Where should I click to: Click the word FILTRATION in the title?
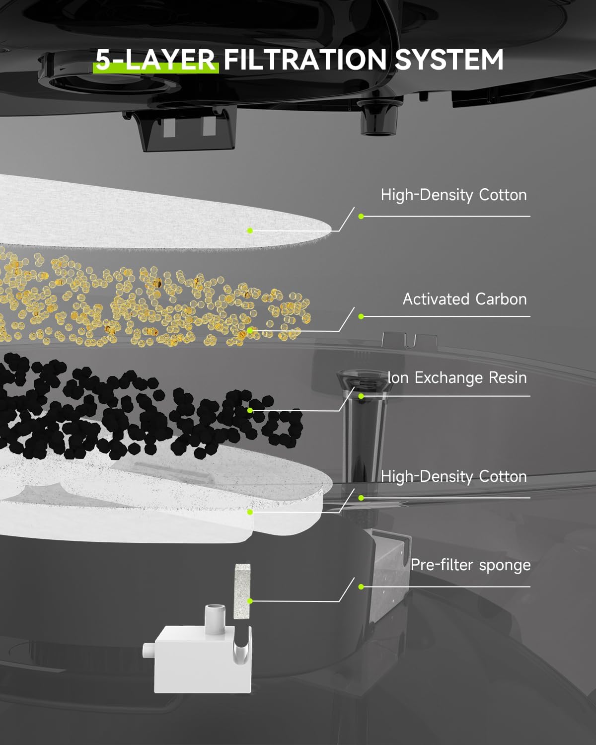click(x=305, y=60)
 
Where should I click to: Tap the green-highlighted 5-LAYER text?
click(x=156, y=60)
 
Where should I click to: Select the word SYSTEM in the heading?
click(x=449, y=60)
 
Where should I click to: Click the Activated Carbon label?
click(x=464, y=299)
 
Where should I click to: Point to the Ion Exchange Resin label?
click(x=457, y=377)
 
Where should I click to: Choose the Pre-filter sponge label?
click(x=470, y=565)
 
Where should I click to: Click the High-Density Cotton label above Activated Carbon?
click(x=453, y=195)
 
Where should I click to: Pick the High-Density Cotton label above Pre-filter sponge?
click(x=453, y=476)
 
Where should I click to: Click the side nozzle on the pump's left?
click(x=149, y=650)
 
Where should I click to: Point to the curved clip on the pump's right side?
click(x=242, y=646)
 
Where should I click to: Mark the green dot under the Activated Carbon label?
click(x=361, y=316)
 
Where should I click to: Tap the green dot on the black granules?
click(x=250, y=410)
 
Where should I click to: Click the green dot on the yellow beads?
click(x=250, y=330)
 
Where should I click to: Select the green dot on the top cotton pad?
click(x=250, y=230)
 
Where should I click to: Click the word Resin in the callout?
click(x=508, y=377)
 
